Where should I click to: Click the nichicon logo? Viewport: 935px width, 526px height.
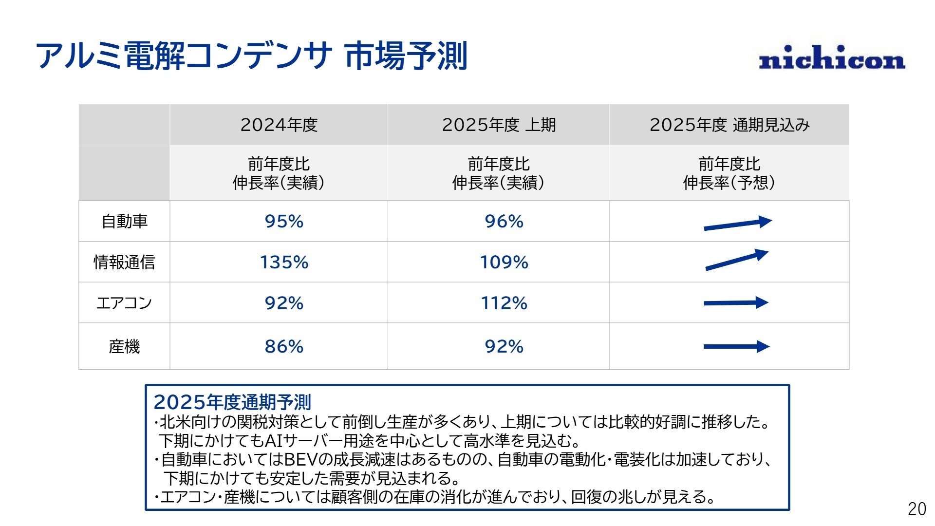pyautogui.click(x=832, y=58)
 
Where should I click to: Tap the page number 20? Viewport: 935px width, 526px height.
pyautogui.click(x=916, y=508)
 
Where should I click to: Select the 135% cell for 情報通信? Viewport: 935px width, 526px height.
pyautogui.click(x=284, y=262)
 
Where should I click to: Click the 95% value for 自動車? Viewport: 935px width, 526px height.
pyautogui.click(x=284, y=221)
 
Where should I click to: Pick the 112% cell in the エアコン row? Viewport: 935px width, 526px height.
pyautogui.click(x=504, y=303)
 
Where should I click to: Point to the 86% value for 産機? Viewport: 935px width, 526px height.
pyautogui.click(x=284, y=346)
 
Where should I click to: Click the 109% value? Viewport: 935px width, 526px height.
pyautogui.click(x=504, y=262)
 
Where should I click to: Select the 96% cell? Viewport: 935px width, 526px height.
pyautogui.click(x=504, y=221)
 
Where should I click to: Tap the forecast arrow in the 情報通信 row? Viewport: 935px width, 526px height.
pyautogui.click(x=736, y=260)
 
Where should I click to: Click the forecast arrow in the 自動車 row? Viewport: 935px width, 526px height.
pyautogui.click(x=737, y=224)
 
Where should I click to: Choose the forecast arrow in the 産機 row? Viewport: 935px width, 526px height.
pyautogui.click(x=736, y=347)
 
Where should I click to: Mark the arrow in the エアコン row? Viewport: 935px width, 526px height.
pyautogui.click(x=736, y=303)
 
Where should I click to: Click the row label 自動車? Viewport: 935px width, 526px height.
pyautogui.click(x=124, y=221)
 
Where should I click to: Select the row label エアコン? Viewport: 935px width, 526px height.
pyautogui.click(x=124, y=303)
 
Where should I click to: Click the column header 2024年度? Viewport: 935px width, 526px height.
pyautogui.click(x=279, y=125)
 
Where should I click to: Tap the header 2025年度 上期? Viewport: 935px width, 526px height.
pyautogui.click(x=499, y=125)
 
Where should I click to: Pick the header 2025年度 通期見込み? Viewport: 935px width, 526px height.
pyautogui.click(x=729, y=125)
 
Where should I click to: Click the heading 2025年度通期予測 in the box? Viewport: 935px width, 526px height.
pyautogui.click(x=232, y=402)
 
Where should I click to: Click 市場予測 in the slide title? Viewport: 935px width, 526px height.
pyautogui.click(x=406, y=56)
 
